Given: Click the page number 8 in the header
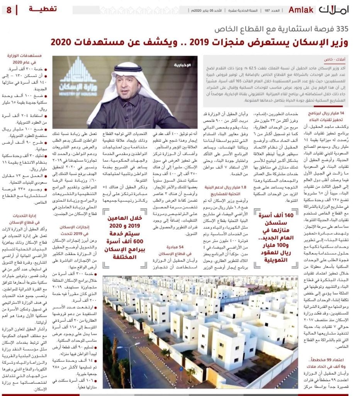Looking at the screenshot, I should (x=8, y=10).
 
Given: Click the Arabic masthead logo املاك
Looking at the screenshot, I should (x=335, y=10).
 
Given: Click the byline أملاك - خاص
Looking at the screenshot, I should (x=335, y=60).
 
